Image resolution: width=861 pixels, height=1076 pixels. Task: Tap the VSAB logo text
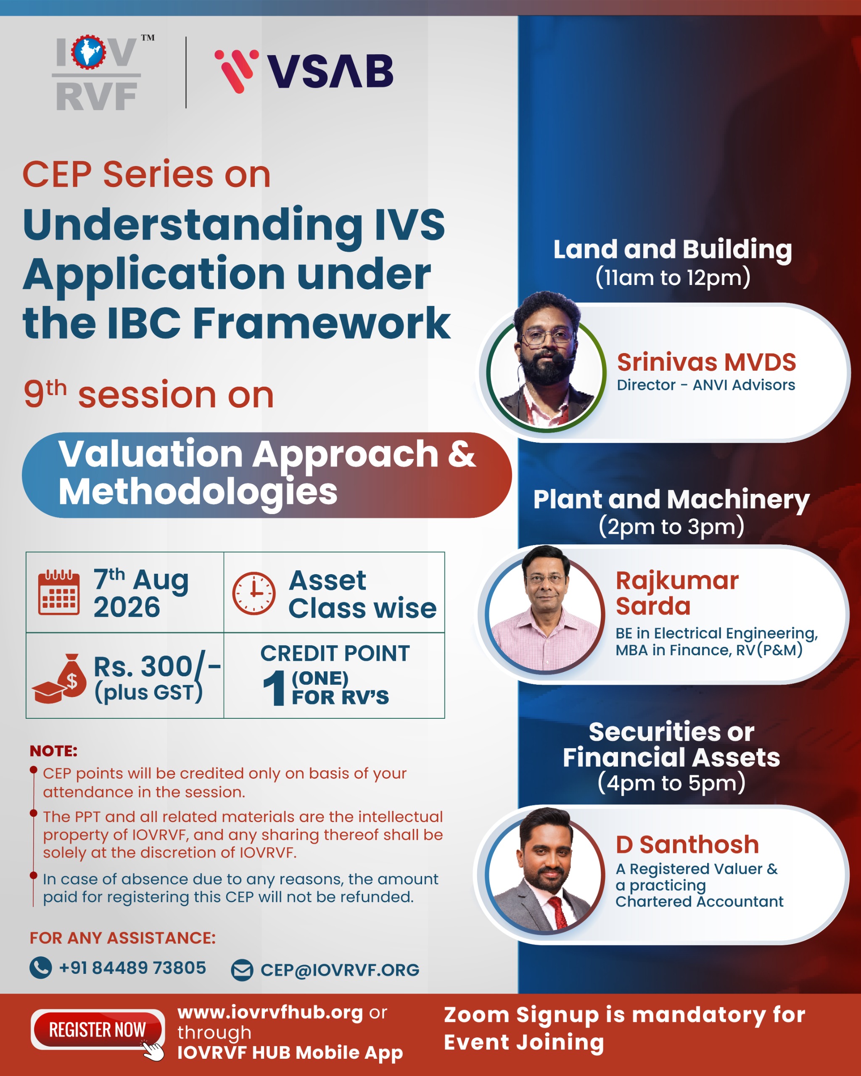[330, 71]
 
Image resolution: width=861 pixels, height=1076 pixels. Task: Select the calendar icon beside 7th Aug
[59, 592]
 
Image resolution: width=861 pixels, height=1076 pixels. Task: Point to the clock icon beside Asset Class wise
[254, 593]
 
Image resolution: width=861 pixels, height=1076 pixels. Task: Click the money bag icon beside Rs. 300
[60, 678]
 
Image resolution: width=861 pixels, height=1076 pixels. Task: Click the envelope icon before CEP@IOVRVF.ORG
[243, 970]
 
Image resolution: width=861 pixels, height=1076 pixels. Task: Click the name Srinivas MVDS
[706, 362]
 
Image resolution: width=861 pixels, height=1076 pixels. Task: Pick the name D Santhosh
[687, 845]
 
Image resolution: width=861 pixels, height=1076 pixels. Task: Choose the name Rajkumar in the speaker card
[677, 581]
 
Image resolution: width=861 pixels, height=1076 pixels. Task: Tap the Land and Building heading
[672, 250]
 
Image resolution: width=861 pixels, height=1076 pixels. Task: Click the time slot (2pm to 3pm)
[671, 527]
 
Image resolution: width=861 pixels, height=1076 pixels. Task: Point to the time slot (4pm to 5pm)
[671, 783]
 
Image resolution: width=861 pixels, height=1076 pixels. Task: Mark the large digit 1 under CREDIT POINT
[274, 688]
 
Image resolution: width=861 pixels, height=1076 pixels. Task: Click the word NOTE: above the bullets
[53, 751]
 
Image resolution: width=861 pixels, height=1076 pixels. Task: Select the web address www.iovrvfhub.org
[270, 1013]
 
